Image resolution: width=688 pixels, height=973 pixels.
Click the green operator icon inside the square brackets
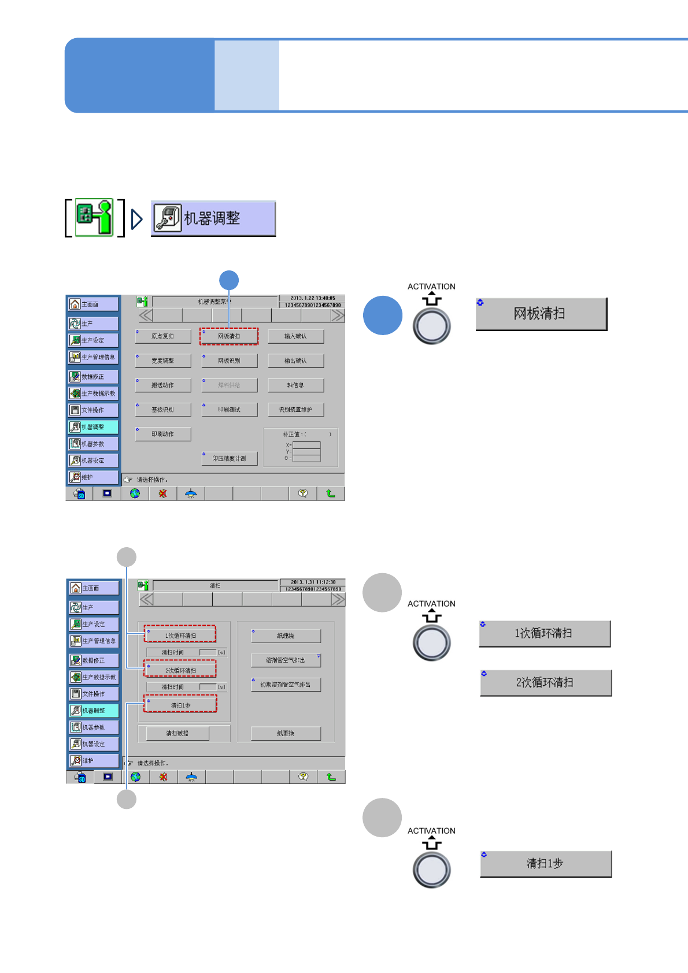(x=95, y=217)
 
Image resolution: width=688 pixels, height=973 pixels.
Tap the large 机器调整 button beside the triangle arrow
(x=213, y=218)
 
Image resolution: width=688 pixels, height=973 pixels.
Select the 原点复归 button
(x=163, y=336)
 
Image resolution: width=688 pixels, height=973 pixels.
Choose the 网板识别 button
(x=229, y=361)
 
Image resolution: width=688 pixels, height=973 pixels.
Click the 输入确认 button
(x=295, y=336)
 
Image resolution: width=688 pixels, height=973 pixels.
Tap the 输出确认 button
(x=295, y=361)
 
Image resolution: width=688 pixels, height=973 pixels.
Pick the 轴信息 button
(x=295, y=385)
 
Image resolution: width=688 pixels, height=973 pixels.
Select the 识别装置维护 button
(x=295, y=410)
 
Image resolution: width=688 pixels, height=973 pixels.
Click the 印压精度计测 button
(x=229, y=458)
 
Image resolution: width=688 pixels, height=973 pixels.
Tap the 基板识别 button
(x=163, y=410)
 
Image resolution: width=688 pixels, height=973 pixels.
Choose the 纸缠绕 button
(x=286, y=636)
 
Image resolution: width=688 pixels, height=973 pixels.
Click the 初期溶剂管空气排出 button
(x=286, y=685)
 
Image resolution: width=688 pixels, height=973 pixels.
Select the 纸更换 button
(x=286, y=733)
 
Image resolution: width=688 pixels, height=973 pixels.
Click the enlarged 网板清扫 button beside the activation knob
(x=541, y=314)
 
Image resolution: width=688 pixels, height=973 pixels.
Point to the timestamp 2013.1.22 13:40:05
(x=312, y=298)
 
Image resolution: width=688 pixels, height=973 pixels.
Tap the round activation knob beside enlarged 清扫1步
(x=431, y=870)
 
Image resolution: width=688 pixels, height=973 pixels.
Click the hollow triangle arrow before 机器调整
(x=137, y=219)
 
